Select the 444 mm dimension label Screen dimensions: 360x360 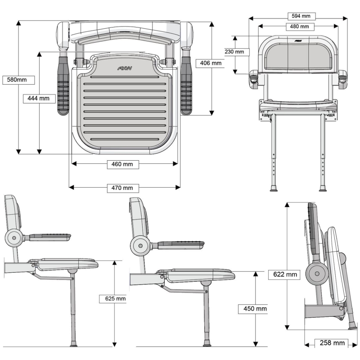[x=38, y=98]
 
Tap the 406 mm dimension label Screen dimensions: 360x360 [x=211, y=63]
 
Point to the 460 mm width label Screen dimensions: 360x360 [x=122, y=164]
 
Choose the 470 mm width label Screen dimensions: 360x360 [x=122, y=188]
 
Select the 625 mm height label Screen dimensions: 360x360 [x=112, y=298]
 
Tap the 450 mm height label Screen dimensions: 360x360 [x=255, y=309]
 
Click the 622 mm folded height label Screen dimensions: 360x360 [x=284, y=274]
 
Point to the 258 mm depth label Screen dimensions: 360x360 [x=332, y=343]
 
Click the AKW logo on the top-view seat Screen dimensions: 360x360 [x=123, y=68]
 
